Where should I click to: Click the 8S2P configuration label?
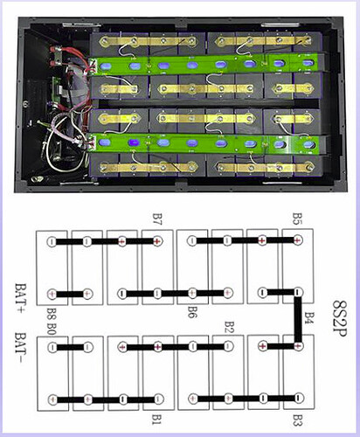[340, 318]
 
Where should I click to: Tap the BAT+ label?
[20, 297]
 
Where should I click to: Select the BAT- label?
[20, 348]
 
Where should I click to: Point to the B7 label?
[157, 219]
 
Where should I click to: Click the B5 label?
[297, 218]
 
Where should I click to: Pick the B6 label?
[193, 312]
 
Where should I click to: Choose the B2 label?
[229, 328]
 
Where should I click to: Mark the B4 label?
[309, 318]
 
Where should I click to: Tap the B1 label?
[157, 420]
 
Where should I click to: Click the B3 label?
[297, 420]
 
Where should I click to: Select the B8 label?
[52, 313]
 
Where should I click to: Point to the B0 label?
[52, 328]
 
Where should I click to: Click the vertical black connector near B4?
[298, 319]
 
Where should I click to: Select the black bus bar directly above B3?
[246, 399]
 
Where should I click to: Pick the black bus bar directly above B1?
[106, 399]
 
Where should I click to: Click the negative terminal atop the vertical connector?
[297, 292]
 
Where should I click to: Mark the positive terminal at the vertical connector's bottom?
[298, 346]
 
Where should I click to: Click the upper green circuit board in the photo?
[205, 65]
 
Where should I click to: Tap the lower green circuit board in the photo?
[204, 143]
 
